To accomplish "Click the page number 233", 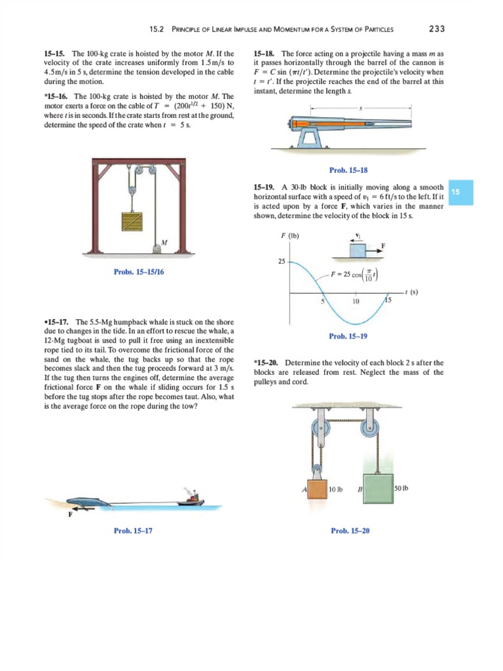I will pyautogui.click(x=436, y=28).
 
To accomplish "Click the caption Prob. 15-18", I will pyautogui.click(x=348, y=170).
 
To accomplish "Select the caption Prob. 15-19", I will pyautogui.click(x=348, y=336).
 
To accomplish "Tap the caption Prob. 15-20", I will pyautogui.click(x=348, y=530).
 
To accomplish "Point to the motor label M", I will pyautogui.click(x=164, y=242).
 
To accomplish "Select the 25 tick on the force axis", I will pyautogui.click(x=282, y=262).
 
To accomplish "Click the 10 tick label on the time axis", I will pyautogui.click(x=356, y=302).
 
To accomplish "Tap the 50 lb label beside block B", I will pyautogui.click(x=401, y=489).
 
